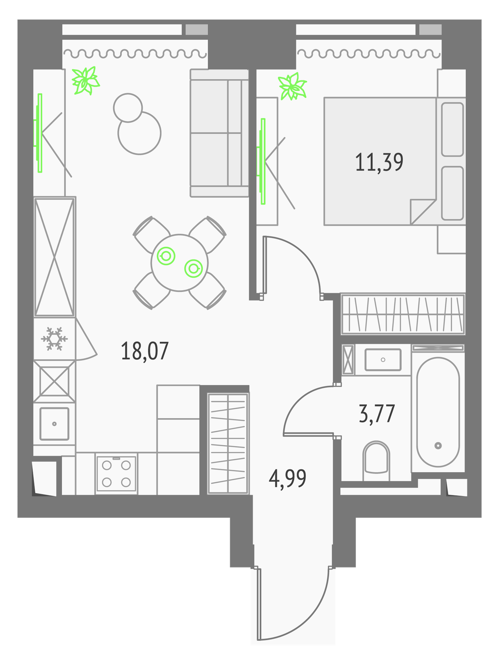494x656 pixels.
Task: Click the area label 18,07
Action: click(x=145, y=351)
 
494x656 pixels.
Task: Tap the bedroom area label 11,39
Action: click(x=379, y=162)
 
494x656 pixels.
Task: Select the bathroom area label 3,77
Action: click(x=377, y=413)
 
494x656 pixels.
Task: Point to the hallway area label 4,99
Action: click(x=287, y=478)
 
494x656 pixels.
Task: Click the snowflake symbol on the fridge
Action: click(x=54, y=339)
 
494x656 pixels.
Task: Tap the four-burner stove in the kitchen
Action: click(x=116, y=474)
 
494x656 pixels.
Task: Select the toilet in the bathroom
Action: click(x=376, y=461)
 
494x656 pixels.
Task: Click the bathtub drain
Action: click(x=438, y=446)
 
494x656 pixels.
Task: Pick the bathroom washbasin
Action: click(x=382, y=360)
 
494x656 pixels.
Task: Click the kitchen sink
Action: click(x=54, y=424)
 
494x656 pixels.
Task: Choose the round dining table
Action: click(x=179, y=263)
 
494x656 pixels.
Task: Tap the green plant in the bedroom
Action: click(x=292, y=86)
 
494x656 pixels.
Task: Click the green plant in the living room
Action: click(x=85, y=80)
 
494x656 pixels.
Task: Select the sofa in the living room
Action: click(x=219, y=133)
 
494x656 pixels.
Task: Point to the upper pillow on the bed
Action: click(x=452, y=130)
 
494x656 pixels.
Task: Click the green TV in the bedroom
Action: click(x=262, y=162)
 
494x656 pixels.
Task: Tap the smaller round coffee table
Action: click(x=127, y=107)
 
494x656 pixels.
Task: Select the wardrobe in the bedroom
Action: click(x=403, y=314)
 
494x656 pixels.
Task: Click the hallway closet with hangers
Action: click(x=228, y=444)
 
